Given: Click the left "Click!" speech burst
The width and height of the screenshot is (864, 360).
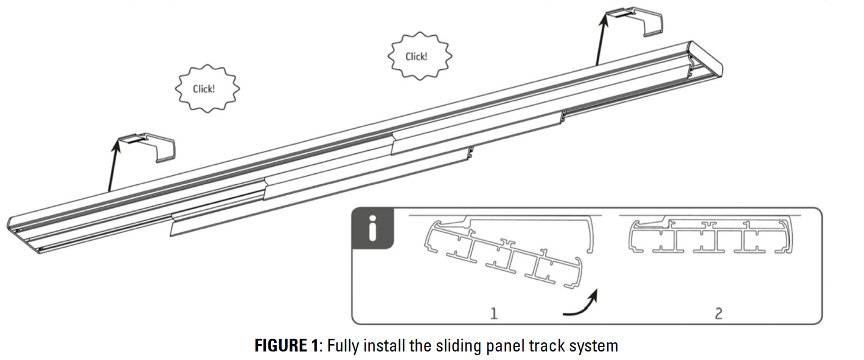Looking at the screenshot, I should pos(204,89).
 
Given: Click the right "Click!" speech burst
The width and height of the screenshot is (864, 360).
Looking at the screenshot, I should pos(417,57).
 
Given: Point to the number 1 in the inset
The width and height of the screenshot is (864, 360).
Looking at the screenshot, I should pos(494,313).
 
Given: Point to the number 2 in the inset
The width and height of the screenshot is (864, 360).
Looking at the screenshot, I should pos(719,313).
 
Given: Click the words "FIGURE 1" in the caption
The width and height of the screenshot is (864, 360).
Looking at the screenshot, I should pos(286,347).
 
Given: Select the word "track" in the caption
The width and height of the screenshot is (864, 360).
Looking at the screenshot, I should pos(543,347).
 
